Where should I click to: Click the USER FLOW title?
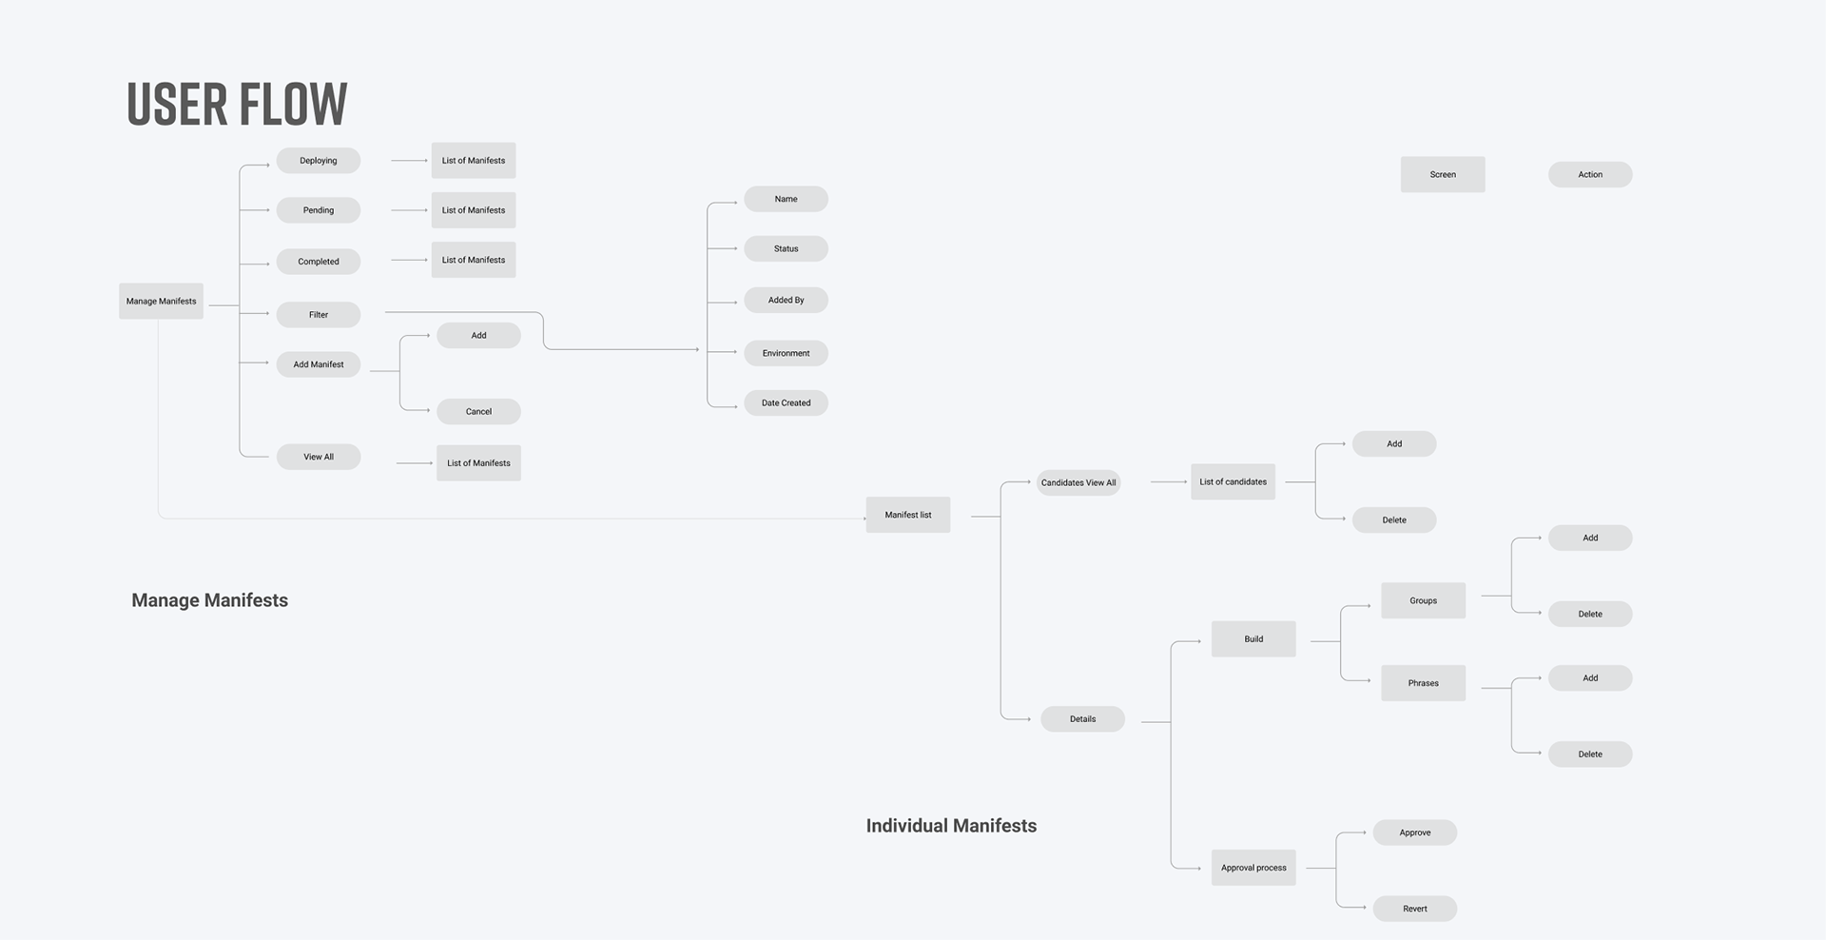tap(237, 104)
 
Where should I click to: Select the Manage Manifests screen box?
tap(161, 301)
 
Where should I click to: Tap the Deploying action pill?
tap(318, 161)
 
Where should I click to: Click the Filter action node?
tap(318, 315)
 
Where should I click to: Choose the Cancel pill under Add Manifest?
tap(478, 412)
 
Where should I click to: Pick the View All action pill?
tap(318, 457)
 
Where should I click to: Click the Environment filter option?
tap(786, 353)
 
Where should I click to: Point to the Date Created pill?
tap(786, 403)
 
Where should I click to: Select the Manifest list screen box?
tap(907, 515)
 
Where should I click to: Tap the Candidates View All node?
tap(1078, 482)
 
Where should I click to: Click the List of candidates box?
tap(1233, 481)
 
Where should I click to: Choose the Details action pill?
tap(1082, 719)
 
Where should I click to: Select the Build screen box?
tap(1253, 639)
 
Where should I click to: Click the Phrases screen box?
tap(1423, 683)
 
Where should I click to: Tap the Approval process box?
tap(1253, 868)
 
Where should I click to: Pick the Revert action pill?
tap(1414, 909)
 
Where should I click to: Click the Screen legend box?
tap(1442, 174)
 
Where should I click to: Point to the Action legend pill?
tap(1590, 174)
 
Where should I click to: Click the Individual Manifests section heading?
tap(951, 826)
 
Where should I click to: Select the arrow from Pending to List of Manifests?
tap(410, 210)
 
